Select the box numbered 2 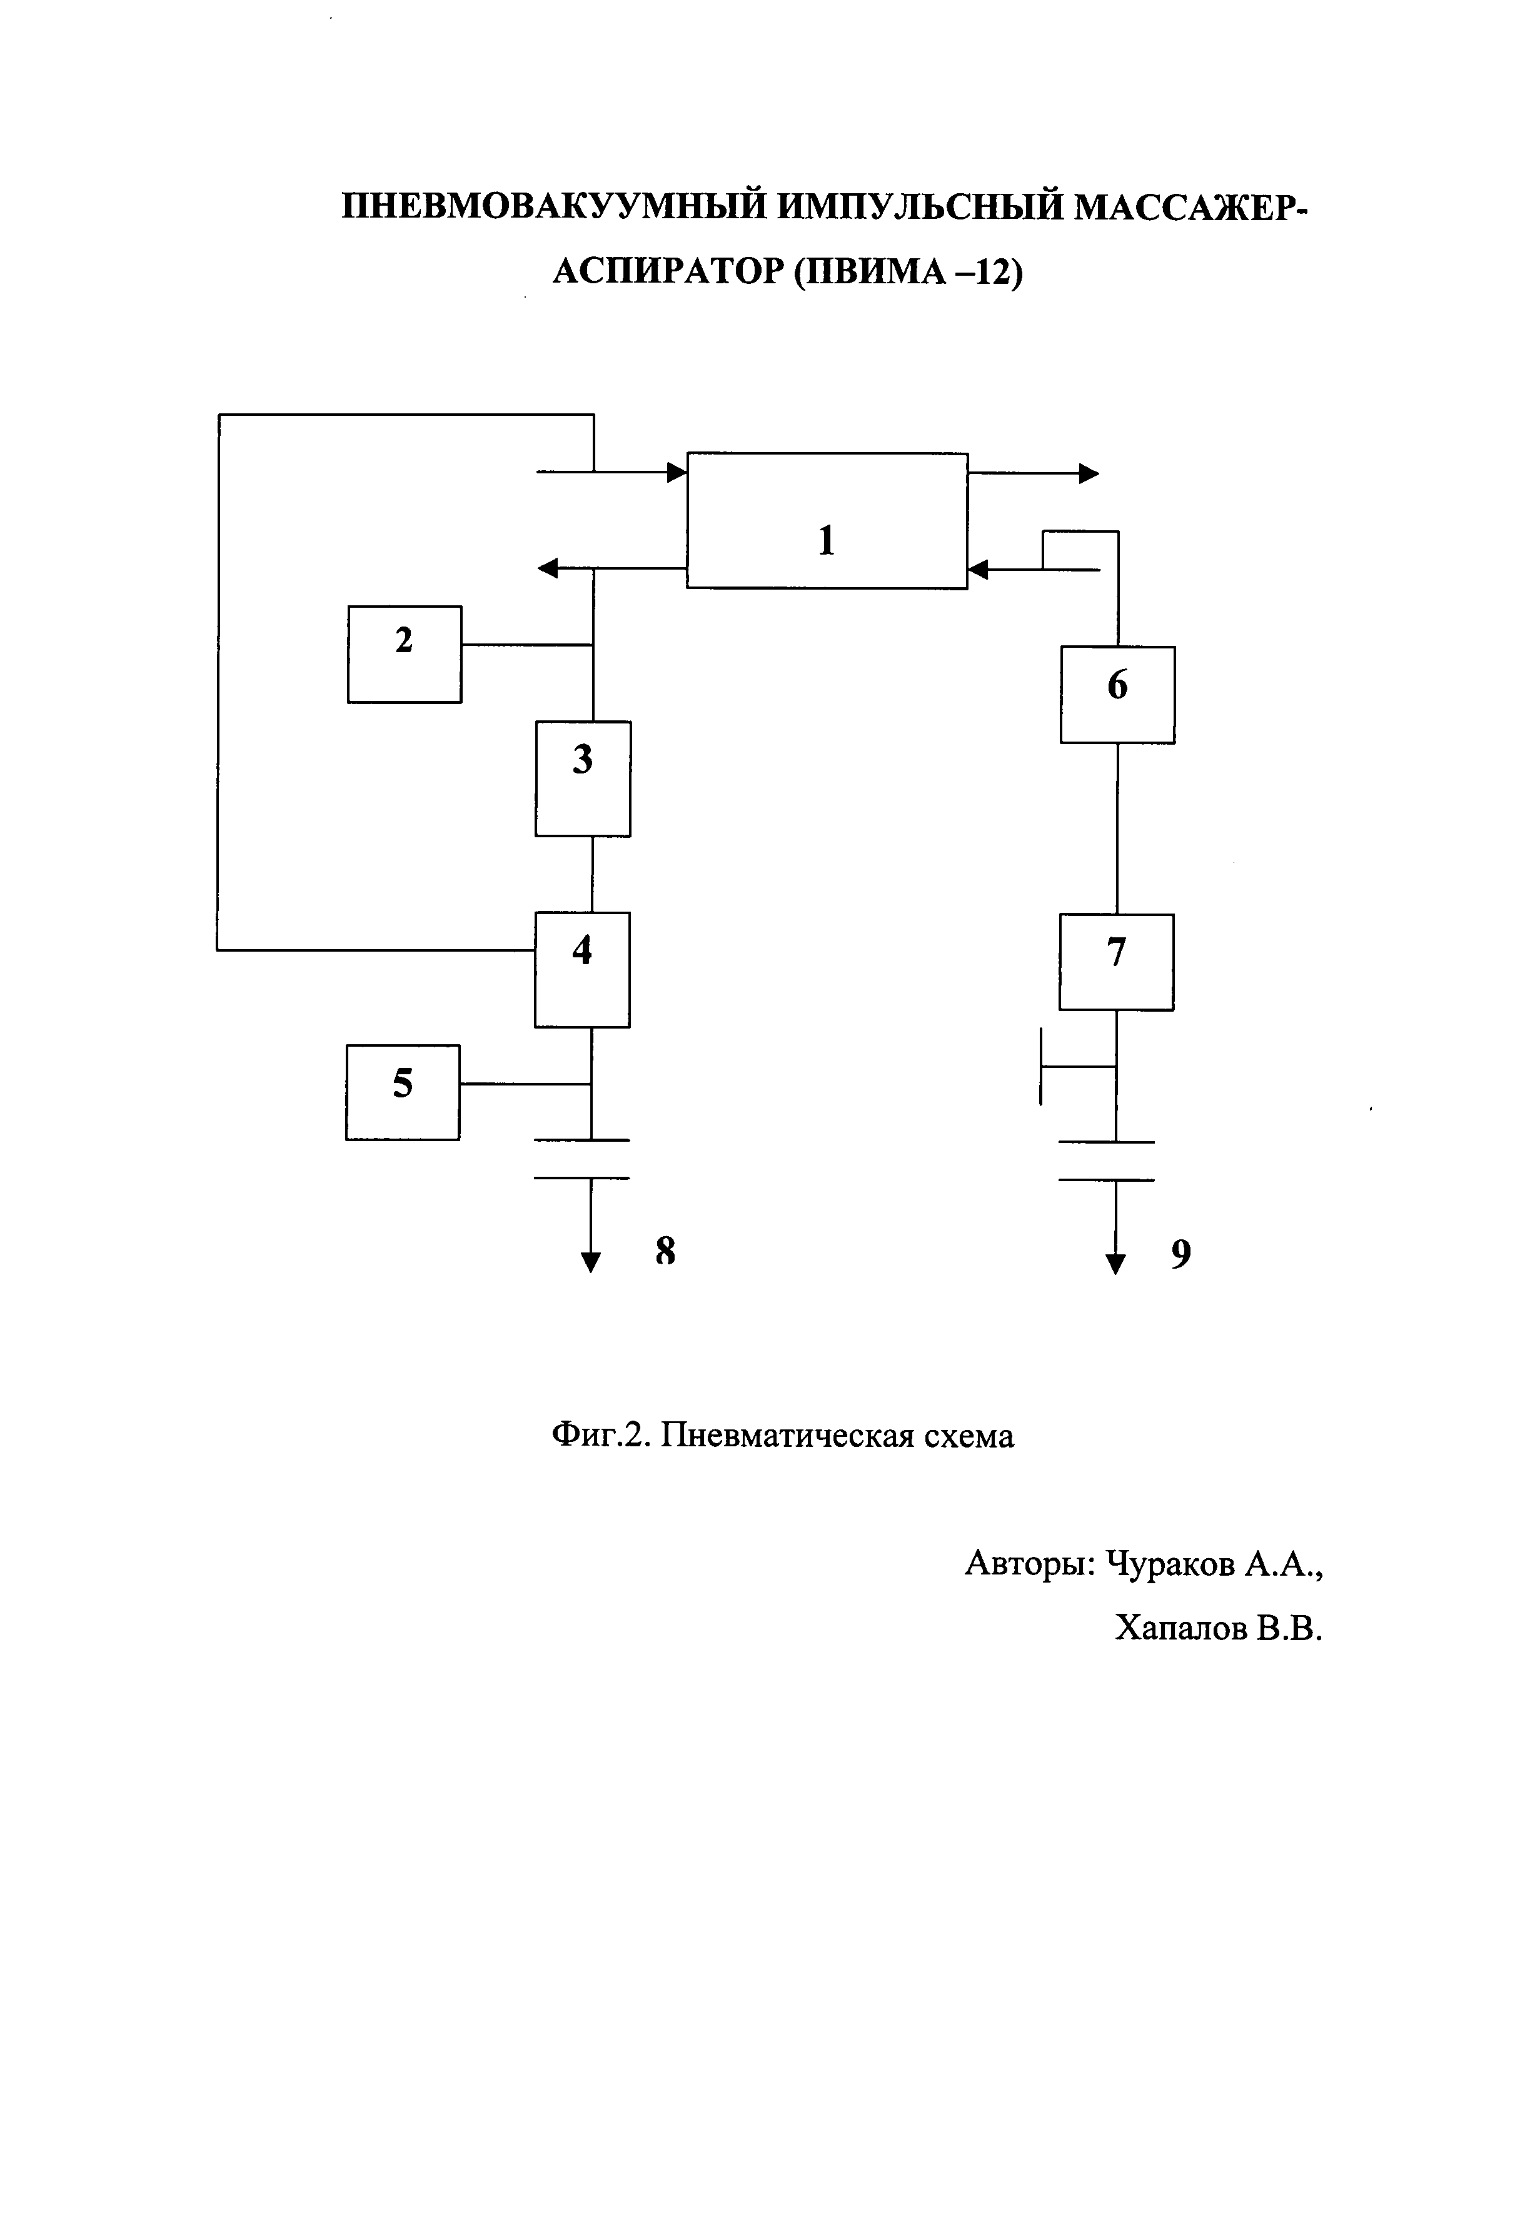point(405,654)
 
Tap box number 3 point(583,778)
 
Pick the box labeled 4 point(582,970)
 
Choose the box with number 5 point(403,1092)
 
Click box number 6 point(1117,695)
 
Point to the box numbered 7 point(1117,962)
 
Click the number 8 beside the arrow point(665,1251)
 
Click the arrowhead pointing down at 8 point(591,1261)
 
